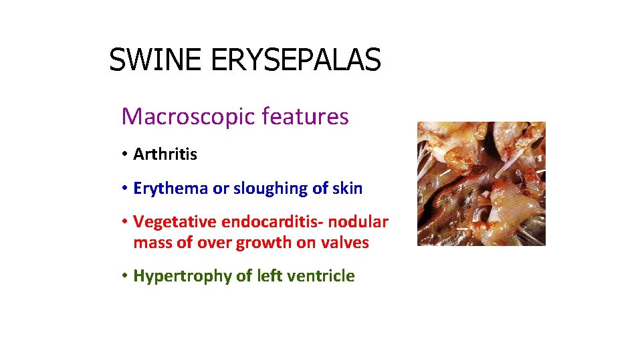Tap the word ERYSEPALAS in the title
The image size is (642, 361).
(x=296, y=60)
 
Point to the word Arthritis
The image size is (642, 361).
(x=165, y=154)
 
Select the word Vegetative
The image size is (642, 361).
(x=175, y=221)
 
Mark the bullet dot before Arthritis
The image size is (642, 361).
(x=125, y=154)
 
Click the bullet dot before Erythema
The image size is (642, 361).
(x=125, y=189)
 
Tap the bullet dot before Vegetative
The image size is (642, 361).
(x=125, y=221)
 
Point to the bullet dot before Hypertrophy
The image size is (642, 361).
(x=125, y=275)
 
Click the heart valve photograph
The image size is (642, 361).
(x=481, y=183)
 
